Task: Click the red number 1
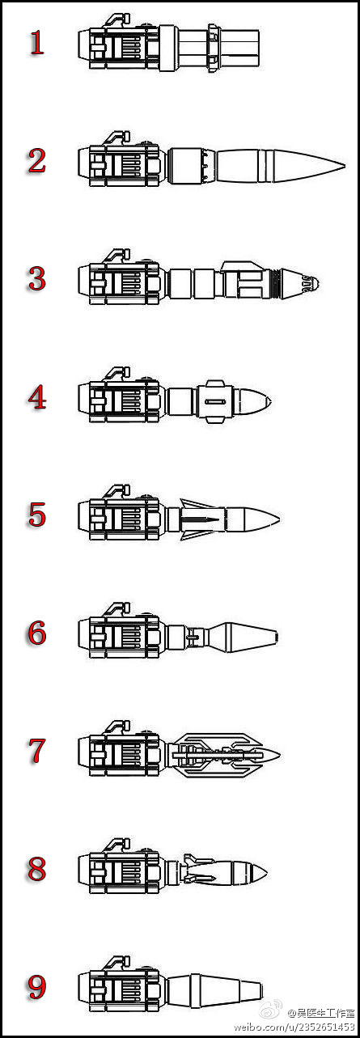pos(37,43)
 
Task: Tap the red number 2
pos(37,161)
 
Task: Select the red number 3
pos(37,278)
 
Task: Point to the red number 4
pos(37,397)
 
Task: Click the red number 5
pos(37,515)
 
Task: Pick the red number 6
pos(37,633)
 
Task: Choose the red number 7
pos(37,751)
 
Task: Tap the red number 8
pos(37,869)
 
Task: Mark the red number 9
pos(37,987)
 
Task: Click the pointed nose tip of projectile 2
pos(345,165)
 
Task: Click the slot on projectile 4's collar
pos(215,401)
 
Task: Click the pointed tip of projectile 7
pos(279,755)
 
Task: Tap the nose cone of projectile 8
pos(256,873)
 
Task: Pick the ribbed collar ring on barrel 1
pos(213,47)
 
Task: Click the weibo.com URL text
pos(294,1027)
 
